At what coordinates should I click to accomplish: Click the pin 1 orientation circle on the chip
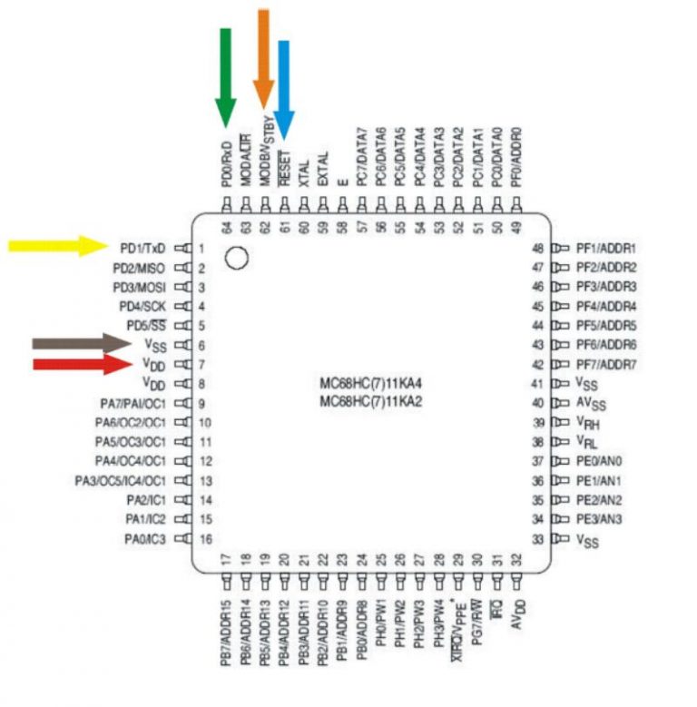pos(236,258)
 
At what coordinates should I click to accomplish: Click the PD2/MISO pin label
pos(140,268)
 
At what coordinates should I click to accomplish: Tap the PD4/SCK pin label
pos(142,306)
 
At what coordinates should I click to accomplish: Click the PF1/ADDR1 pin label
pos(606,248)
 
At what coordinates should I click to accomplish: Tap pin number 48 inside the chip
pos(537,248)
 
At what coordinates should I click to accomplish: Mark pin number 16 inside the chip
pos(205,538)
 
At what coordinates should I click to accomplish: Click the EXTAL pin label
pos(323,168)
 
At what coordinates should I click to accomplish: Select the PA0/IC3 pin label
pos(145,539)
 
